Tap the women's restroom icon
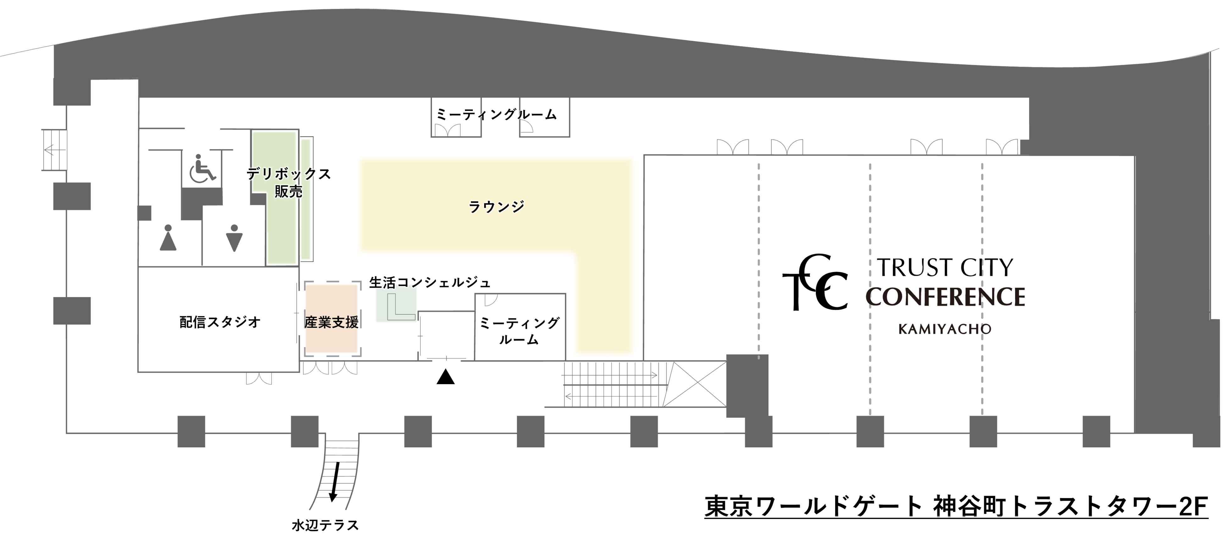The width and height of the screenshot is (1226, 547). pyautogui.click(x=168, y=238)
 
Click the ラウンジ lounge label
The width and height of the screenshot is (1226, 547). pyautogui.click(x=496, y=207)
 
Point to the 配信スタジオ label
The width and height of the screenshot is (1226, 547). pyautogui.click(x=220, y=322)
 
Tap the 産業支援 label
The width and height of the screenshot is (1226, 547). pyautogui.click(x=331, y=322)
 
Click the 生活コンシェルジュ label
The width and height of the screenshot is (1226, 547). pyautogui.click(x=429, y=283)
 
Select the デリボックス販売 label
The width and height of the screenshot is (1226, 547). pyautogui.click(x=288, y=182)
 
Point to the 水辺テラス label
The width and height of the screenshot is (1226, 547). pyautogui.click(x=325, y=526)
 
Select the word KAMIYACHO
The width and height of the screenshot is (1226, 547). pyautogui.click(x=945, y=329)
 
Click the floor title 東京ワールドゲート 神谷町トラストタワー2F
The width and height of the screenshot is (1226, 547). pyautogui.click(x=956, y=506)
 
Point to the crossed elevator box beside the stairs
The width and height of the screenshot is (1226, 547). pyautogui.click(x=695, y=384)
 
